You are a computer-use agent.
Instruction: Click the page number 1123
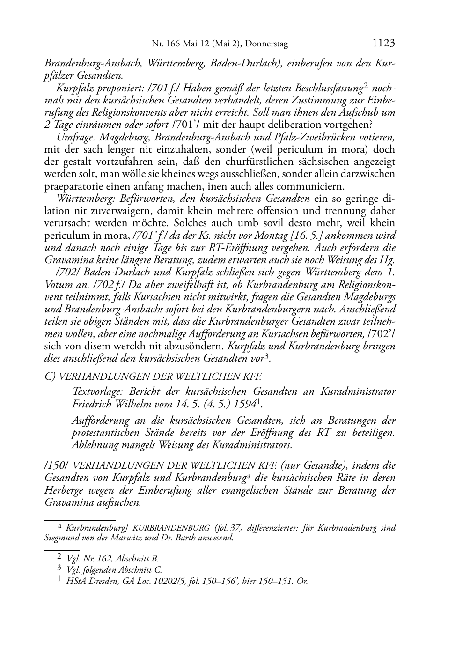(x=384, y=44)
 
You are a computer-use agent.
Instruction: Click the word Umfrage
(x=71, y=137)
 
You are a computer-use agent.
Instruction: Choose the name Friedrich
(x=93, y=403)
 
